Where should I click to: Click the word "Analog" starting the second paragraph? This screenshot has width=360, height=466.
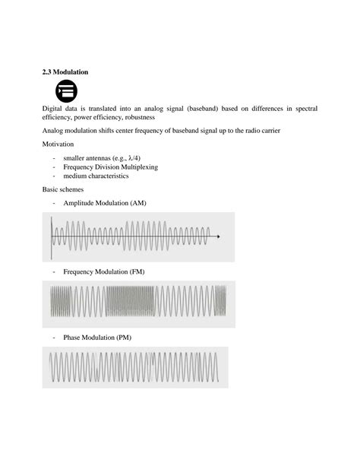click(54, 131)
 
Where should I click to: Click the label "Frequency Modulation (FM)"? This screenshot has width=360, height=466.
click(104, 271)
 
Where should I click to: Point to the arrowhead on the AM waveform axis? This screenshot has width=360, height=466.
click(219, 236)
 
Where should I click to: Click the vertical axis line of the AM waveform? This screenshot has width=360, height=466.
click(52, 236)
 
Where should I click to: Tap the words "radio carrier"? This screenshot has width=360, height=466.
click(261, 131)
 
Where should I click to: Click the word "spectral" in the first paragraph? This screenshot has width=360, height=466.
click(303, 108)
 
